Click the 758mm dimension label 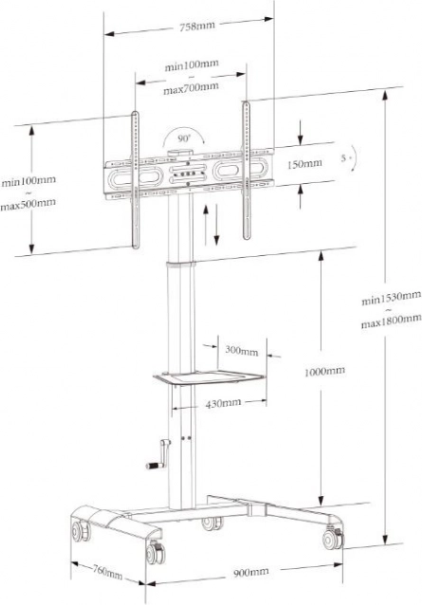pyautogui.click(x=197, y=27)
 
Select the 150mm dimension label pyautogui.click(x=304, y=164)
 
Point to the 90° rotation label pyautogui.click(x=184, y=138)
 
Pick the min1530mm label pyautogui.click(x=391, y=298)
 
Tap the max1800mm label pyautogui.click(x=391, y=321)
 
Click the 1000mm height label pyautogui.click(x=324, y=373)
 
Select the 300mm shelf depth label pyautogui.click(x=241, y=350)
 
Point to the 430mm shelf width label pyautogui.click(x=224, y=404)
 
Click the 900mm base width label pyautogui.click(x=251, y=572)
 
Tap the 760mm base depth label pyautogui.click(x=107, y=572)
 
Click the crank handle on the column pyautogui.click(x=158, y=455)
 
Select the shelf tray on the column pyautogui.click(x=210, y=377)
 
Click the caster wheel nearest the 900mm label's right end pyautogui.click(x=333, y=538)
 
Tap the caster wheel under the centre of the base pyautogui.click(x=211, y=522)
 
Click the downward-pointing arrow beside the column pyautogui.click(x=216, y=225)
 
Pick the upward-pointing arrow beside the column pyautogui.click(x=206, y=225)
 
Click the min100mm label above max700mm pyautogui.click(x=192, y=64)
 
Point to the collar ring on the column pyautogui.click(x=181, y=266)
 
